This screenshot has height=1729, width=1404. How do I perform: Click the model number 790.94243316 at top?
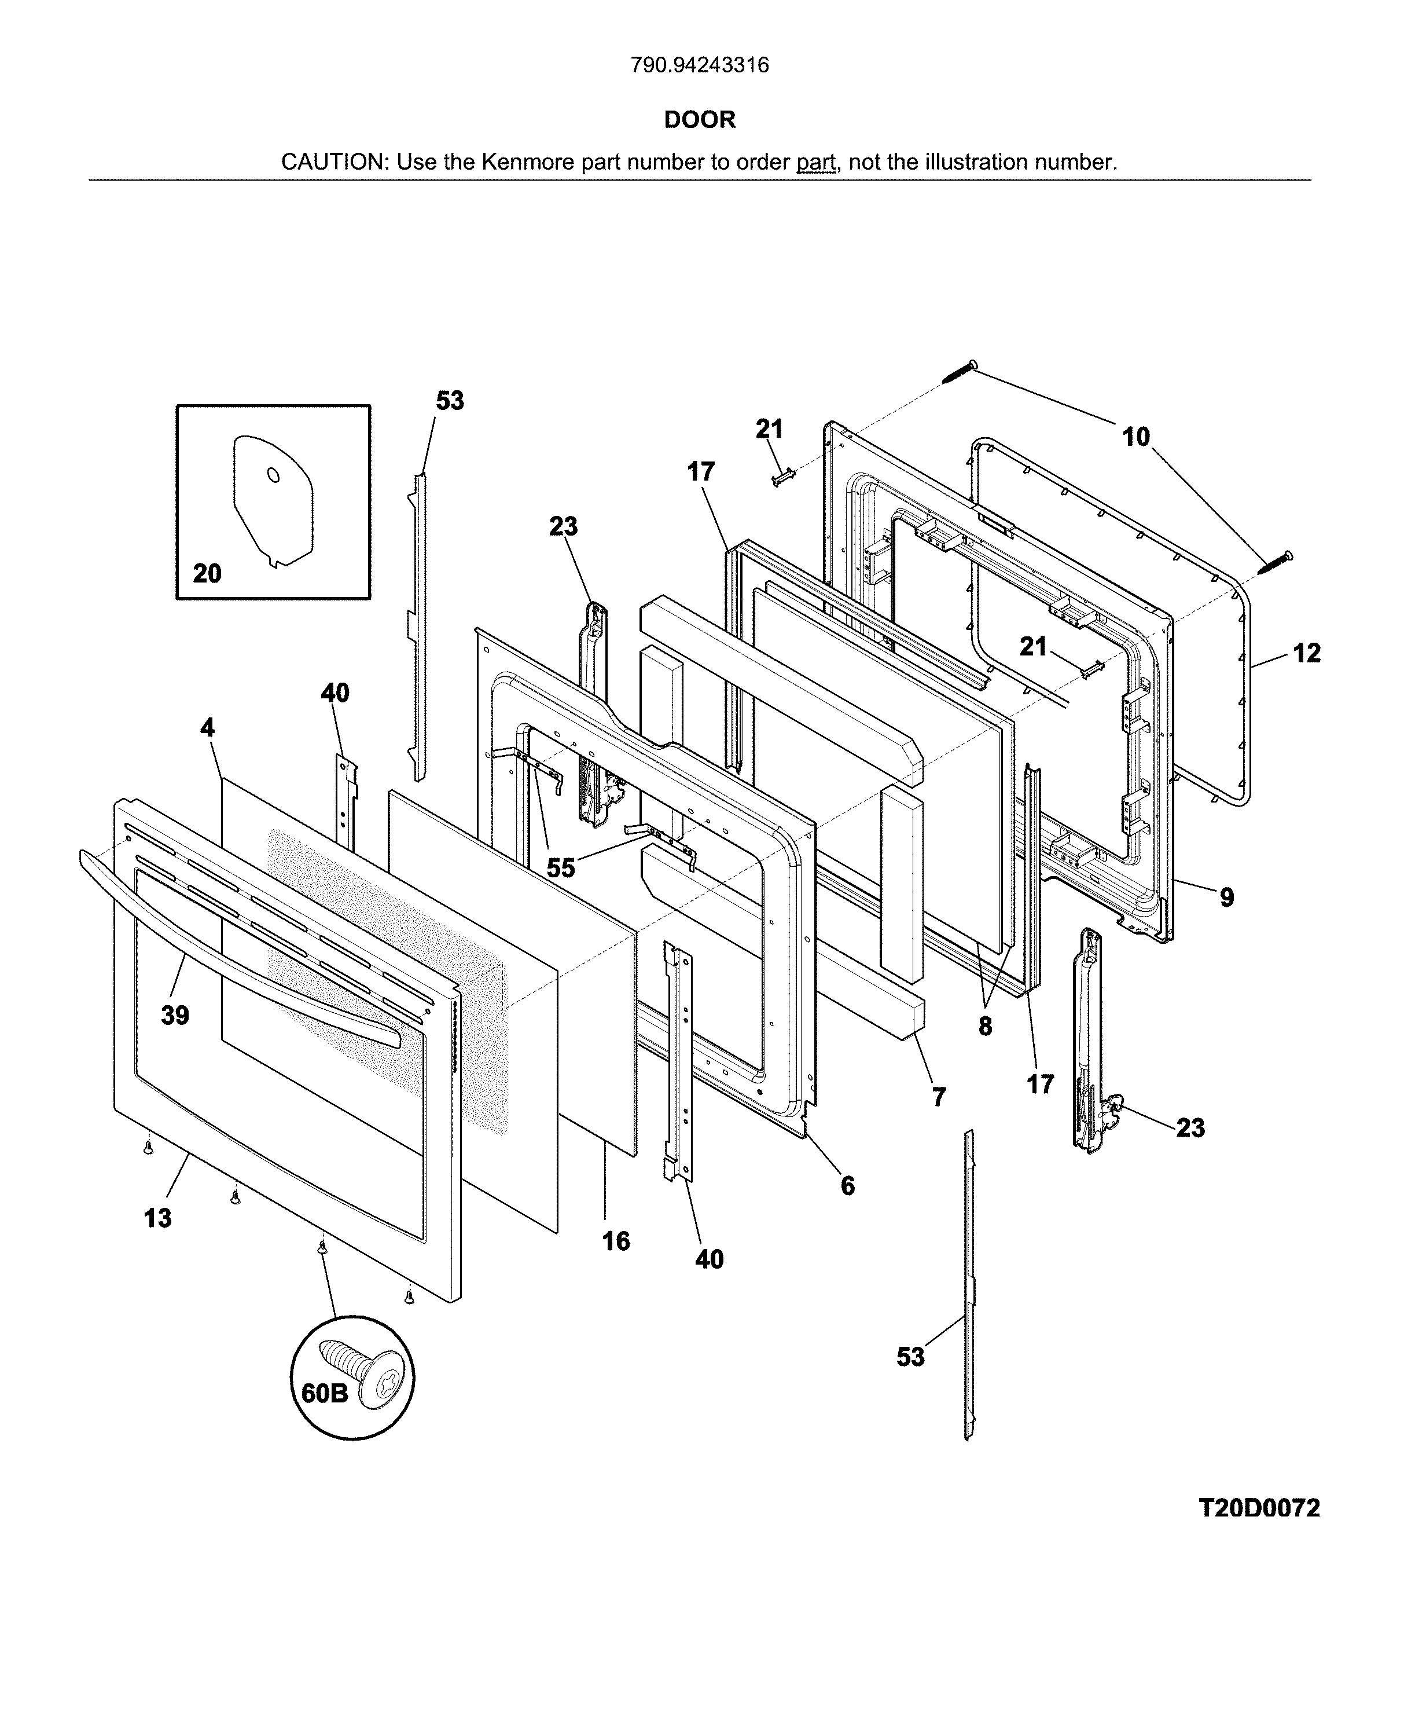coord(700,65)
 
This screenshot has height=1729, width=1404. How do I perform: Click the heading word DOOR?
coord(700,120)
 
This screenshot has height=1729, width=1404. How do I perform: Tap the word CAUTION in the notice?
coord(332,162)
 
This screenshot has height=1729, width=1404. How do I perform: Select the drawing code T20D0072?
coord(1258,1507)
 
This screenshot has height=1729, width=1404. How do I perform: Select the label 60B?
coord(324,1393)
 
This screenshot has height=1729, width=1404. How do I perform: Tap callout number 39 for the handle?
coord(175,1014)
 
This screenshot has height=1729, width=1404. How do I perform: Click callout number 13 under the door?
coord(158,1217)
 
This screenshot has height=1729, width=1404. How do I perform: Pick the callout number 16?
coord(615,1240)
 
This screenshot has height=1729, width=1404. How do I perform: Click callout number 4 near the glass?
coord(208,727)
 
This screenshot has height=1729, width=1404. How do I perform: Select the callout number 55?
coord(560,867)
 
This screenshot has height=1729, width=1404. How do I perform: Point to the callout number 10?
coord(1135,437)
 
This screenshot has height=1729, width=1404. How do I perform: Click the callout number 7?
coord(938,1097)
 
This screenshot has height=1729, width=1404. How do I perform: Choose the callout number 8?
coord(984,1026)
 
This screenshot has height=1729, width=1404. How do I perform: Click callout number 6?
coord(847,1185)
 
